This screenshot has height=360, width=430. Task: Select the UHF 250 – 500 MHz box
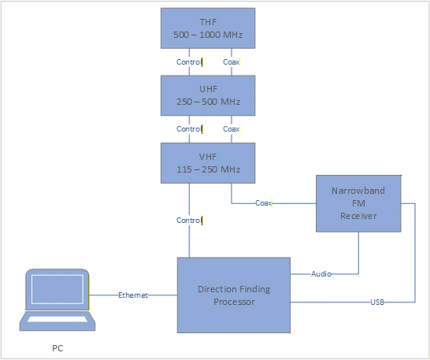point(208,95)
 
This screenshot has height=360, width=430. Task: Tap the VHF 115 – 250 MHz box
point(208,162)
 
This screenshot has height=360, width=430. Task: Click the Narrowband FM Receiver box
point(359,204)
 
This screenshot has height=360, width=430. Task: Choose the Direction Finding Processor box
point(233,295)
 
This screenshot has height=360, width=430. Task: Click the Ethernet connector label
point(133,295)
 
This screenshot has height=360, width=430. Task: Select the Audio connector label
point(320,274)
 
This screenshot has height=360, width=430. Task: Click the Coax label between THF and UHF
point(232,62)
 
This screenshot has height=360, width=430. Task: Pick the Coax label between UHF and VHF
point(232,128)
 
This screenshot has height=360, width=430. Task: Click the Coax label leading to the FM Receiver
point(264,203)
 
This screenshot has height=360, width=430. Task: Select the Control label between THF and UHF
point(189,62)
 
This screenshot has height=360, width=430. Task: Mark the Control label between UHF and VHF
point(189,128)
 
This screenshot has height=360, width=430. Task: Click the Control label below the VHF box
point(189,220)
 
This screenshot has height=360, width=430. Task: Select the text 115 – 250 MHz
point(208,169)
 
